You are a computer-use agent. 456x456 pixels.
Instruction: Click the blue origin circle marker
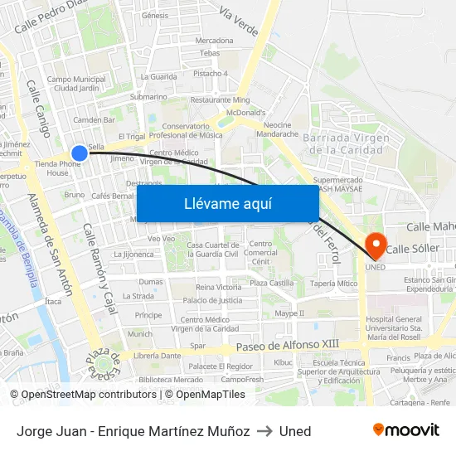click(80, 153)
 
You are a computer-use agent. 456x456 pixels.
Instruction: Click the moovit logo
click(406, 430)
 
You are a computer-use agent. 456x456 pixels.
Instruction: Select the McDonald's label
click(246, 113)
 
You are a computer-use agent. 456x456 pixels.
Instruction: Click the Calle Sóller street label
click(413, 249)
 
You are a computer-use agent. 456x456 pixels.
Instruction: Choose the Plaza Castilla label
click(272, 284)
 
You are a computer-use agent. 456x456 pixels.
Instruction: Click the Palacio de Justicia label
click(213, 300)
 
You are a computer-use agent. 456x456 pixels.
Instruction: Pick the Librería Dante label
click(158, 356)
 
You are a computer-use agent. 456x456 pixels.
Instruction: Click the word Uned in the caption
click(295, 431)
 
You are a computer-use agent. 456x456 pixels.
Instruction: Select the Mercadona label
click(215, 40)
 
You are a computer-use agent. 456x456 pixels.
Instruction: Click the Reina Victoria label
click(218, 287)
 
